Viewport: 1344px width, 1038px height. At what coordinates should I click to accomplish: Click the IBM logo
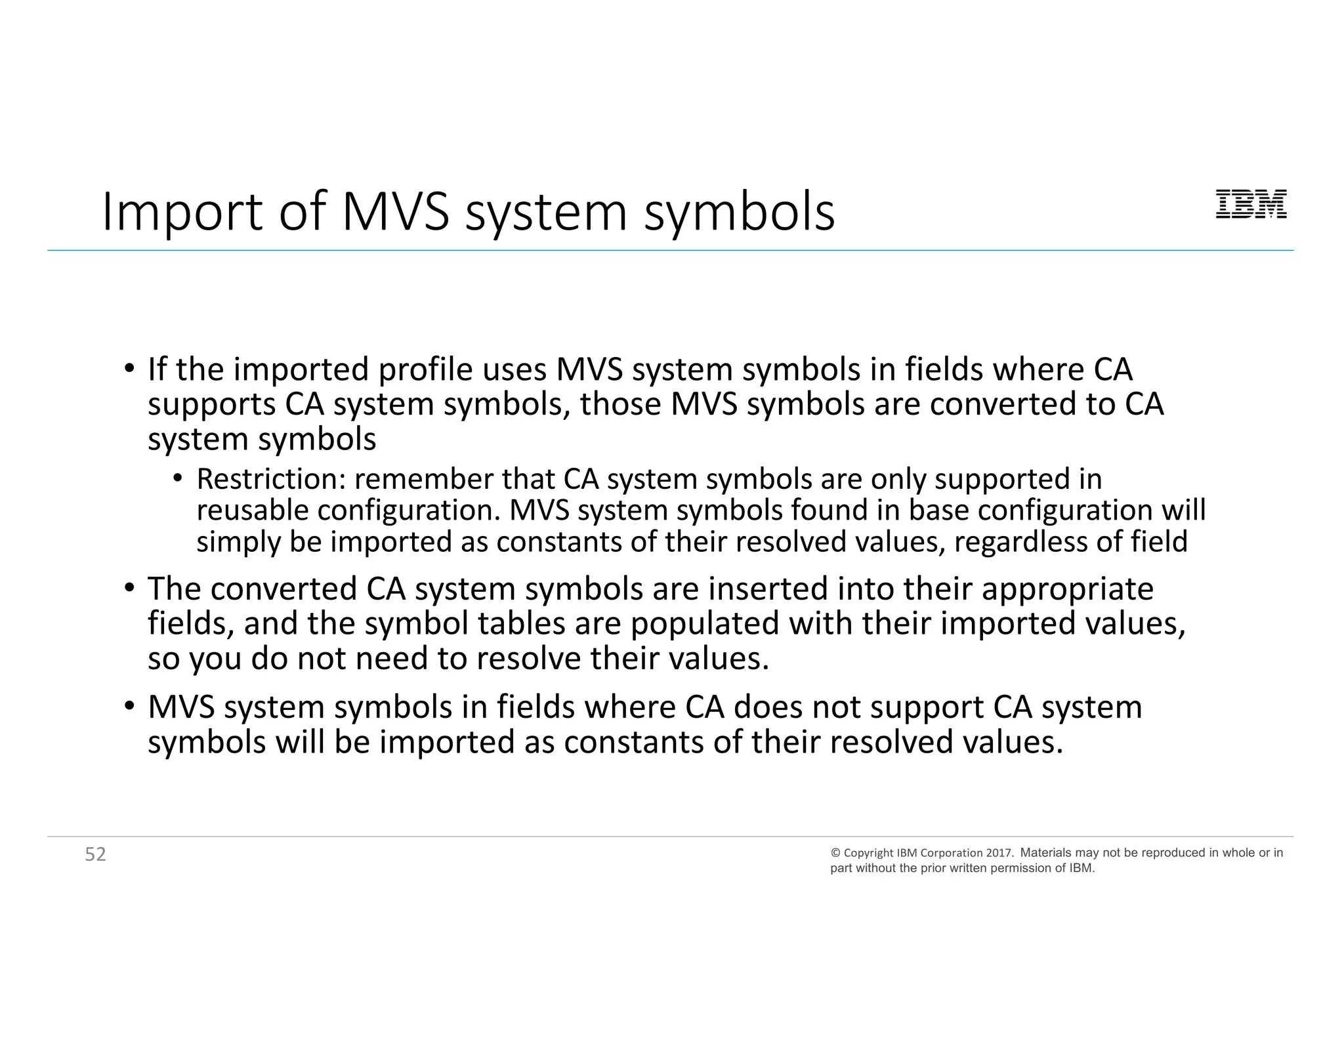click(x=1251, y=204)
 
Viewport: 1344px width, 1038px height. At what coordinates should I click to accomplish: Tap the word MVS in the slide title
click(x=396, y=213)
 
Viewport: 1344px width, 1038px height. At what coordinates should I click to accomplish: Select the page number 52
click(x=96, y=854)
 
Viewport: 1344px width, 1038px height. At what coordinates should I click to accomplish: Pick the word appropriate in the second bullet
click(x=1067, y=589)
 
